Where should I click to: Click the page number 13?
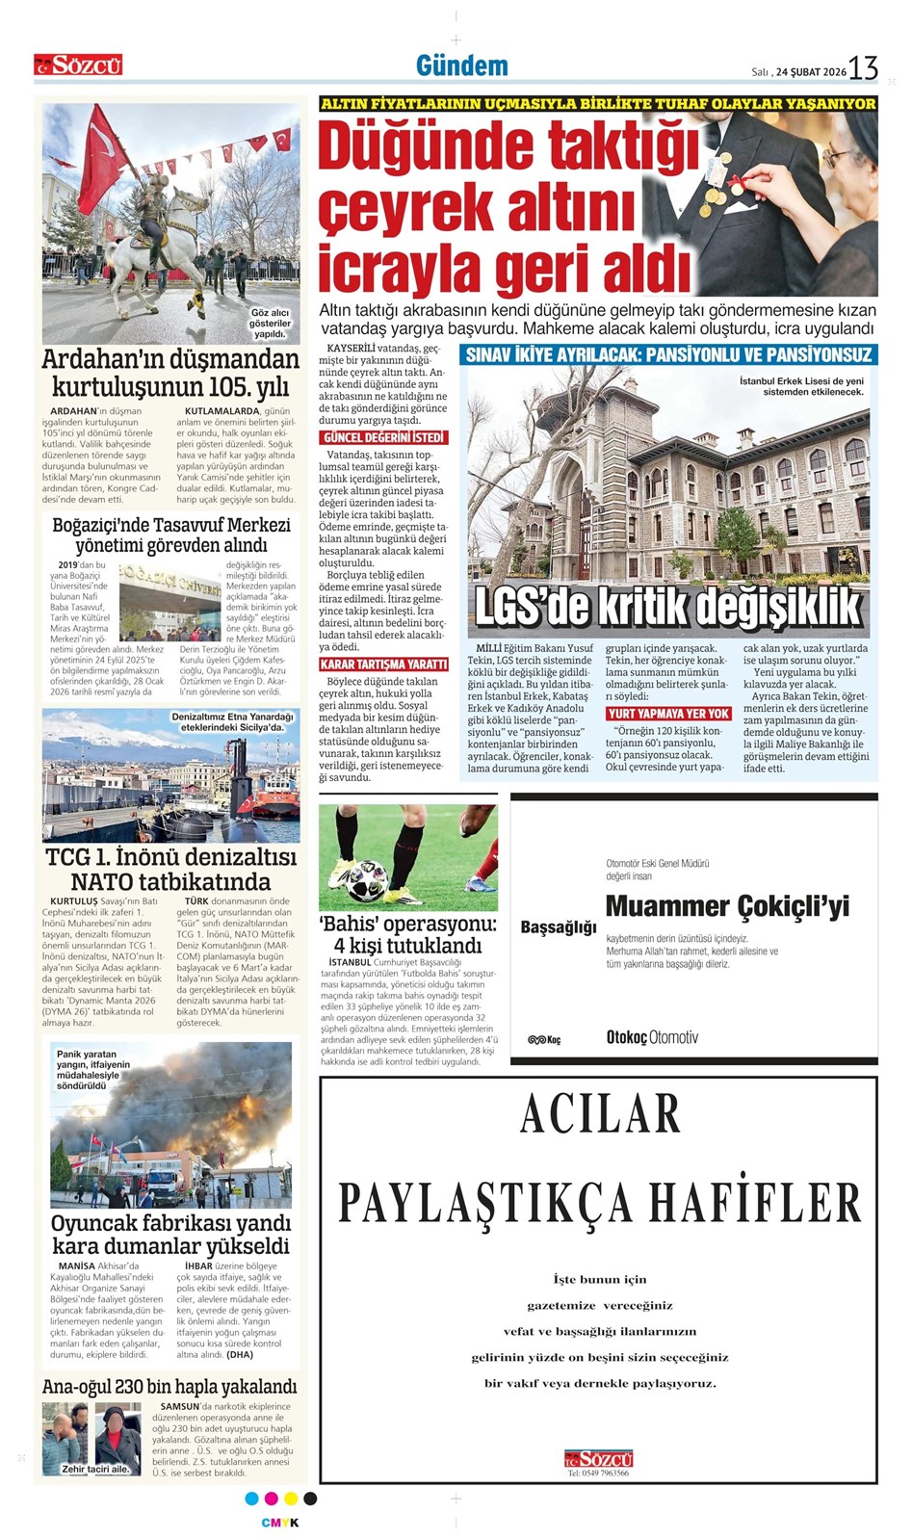(x=863, y=67)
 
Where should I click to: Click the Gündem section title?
(x=461, y=65)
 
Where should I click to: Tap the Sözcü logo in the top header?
(x=78, y=65)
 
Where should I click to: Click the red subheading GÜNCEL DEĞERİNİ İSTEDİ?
(x=383, y=438)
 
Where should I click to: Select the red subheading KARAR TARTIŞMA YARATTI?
(x=383, y=665)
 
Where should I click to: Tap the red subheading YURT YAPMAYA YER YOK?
(x=668, y=714)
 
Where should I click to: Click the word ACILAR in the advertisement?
(x=600, y=1114)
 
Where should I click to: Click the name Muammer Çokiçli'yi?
(x=727, y=906)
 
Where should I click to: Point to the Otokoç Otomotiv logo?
(x=651, y=1037)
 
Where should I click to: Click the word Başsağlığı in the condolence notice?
(x=559, y=926)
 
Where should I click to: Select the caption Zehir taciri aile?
(x=94, y=1469)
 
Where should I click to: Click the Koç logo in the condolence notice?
(x=544, y=1040)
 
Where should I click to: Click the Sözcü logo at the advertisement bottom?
(x=599, y=1458)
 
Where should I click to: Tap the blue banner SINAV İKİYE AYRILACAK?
(x=668, y=354)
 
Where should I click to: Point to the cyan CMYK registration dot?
(x=252, y=1499)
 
